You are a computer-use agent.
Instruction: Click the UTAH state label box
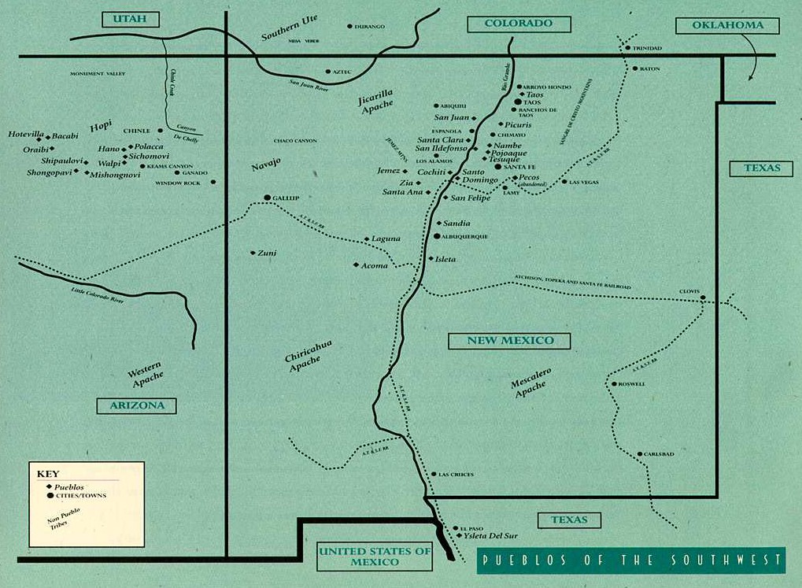pyautogui.click(x=130, y=20)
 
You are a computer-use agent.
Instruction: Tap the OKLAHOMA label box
pyautogui.click(x=727, y=25)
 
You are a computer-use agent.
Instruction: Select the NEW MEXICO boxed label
pyautogui.click(x=510, y=341)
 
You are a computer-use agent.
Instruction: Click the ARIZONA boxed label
pyautogui.click(x=136, y=406)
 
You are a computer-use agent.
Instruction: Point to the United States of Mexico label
pyautogui.click(x=375, y=557)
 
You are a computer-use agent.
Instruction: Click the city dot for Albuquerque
pyautogui.click(x=437, y=236)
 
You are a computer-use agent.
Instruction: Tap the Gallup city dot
pyautogui.click(x=267, y=198)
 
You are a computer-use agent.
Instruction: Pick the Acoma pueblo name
pyautogui.click(x=375, y=265)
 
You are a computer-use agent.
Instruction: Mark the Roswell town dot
pyautogui.click(x=613, y=384)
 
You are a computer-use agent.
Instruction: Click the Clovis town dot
pyautogui.click(x=703, y=298)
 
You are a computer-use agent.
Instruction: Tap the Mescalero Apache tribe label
pyautogui.click(x=530, y=383)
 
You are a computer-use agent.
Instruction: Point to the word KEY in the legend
pyautogui.click(x=48, y=474)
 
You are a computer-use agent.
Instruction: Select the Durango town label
pyautogui.click(x=371, y=27)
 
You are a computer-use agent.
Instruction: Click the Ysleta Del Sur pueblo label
pyautogui.click(x=492, y=535)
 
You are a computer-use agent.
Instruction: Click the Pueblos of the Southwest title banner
pyautogui.click(x=631, y=560)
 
